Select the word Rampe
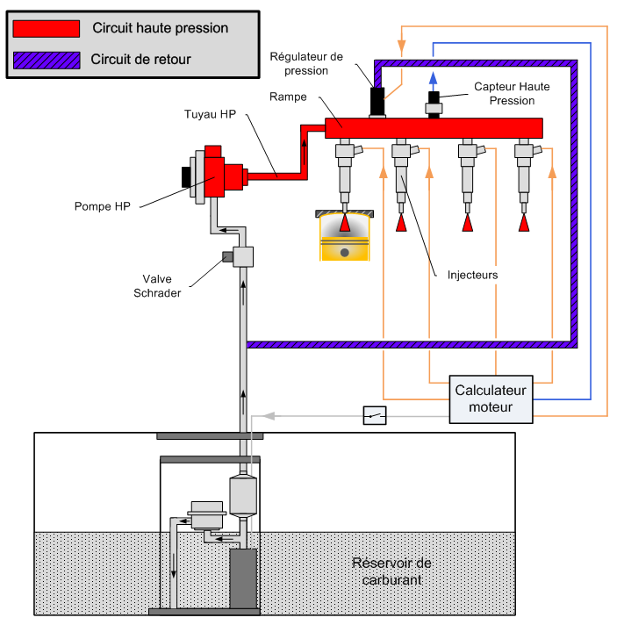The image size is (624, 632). click(x=289, y=97)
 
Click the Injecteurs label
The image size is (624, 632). click(x=471, y=275)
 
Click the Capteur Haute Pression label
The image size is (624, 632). click(x=504, y=94)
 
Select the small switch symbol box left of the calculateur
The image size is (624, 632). click(x=375, y=415)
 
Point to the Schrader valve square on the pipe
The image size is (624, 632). click(x=242, y=256)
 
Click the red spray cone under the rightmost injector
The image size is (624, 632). click(x=524, y=222)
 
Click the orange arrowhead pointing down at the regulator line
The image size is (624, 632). click(x=402, y=44)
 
